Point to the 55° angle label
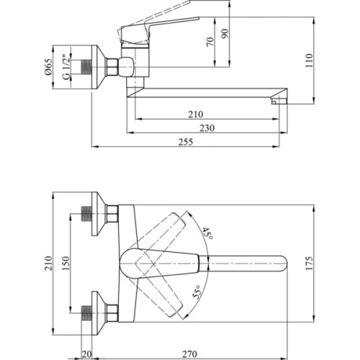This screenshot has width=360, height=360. click(197, 293)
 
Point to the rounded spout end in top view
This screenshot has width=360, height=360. click(284, 264)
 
